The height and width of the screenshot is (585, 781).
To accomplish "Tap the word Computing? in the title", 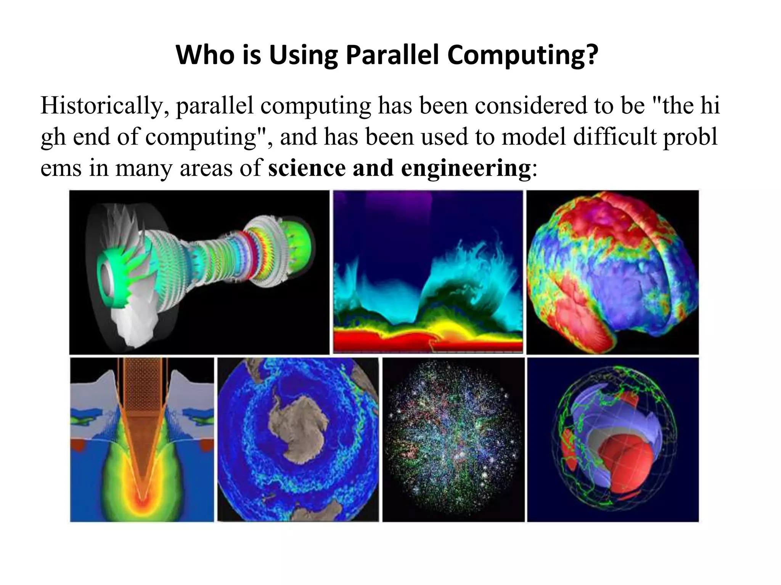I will [x=522, y=55].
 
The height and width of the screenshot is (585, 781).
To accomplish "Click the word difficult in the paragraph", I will [x=615, y=137].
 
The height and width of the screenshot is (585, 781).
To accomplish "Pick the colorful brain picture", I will [x=612, y=272].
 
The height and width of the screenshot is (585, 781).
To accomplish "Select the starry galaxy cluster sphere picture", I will [x=453, y=440].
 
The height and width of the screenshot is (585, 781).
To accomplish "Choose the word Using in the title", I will [x=303, y=55].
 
